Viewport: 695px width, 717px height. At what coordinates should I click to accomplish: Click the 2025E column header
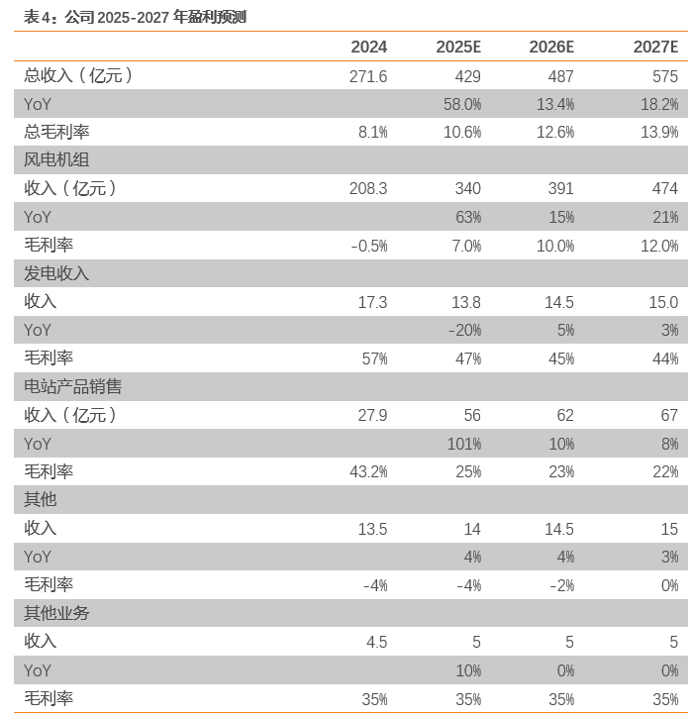458,47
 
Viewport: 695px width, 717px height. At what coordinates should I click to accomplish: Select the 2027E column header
655,47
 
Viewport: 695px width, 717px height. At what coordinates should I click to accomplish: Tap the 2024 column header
369,47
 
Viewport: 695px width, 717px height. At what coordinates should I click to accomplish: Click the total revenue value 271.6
368,75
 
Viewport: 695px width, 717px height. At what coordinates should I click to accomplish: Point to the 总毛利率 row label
56,132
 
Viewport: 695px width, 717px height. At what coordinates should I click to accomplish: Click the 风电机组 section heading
56,159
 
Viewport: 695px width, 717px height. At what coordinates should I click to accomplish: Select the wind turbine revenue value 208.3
368,188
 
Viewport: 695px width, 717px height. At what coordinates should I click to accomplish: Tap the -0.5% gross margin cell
369,246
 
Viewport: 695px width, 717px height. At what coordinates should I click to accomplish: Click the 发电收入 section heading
56,273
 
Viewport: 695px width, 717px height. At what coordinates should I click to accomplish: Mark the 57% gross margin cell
374,358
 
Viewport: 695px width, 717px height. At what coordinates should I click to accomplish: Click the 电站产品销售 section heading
73,386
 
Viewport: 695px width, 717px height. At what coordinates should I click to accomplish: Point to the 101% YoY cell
464,444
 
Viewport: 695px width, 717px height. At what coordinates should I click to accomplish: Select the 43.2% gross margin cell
368,471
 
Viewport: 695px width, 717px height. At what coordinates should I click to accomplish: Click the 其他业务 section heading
56,613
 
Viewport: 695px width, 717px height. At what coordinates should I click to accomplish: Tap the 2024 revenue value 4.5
376,642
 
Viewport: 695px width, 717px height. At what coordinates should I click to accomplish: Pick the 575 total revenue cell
664,75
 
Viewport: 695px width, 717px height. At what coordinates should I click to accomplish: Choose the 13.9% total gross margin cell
659,132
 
